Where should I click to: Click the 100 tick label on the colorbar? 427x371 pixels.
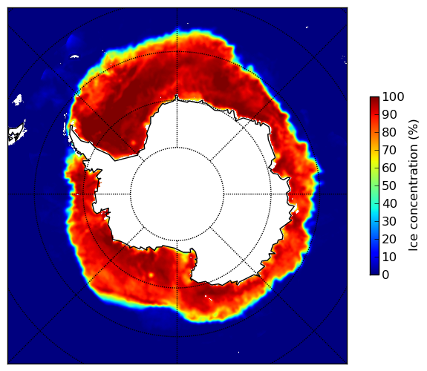(393, 96)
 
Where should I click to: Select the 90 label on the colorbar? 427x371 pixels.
(389, 114)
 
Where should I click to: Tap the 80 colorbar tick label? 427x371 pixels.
(389, 132)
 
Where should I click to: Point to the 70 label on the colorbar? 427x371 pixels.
(389, 150)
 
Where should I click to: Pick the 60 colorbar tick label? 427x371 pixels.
(389, 168)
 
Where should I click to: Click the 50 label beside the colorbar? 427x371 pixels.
(389, 186)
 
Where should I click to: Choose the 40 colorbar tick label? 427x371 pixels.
(389, 203)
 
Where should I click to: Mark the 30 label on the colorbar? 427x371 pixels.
(389, 222)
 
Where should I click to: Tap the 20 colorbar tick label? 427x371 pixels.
(389, 239)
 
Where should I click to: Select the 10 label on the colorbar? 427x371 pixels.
(389, 257)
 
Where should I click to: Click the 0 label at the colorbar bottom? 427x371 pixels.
(385, 275)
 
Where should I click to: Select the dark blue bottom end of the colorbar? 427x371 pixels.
(374, 272)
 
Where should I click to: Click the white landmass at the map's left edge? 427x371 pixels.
(17, 134)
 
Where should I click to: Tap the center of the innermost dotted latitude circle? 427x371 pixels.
(177, 194)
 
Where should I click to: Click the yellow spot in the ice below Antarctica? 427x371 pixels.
(151, 275)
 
